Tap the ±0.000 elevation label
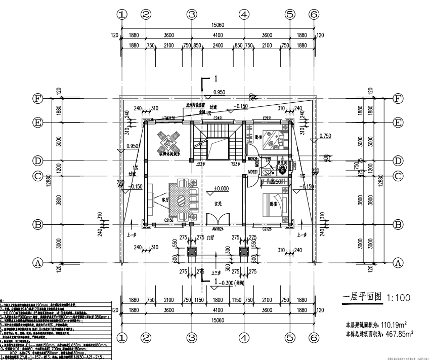pos(221,189)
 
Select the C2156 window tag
pos(170,221)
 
